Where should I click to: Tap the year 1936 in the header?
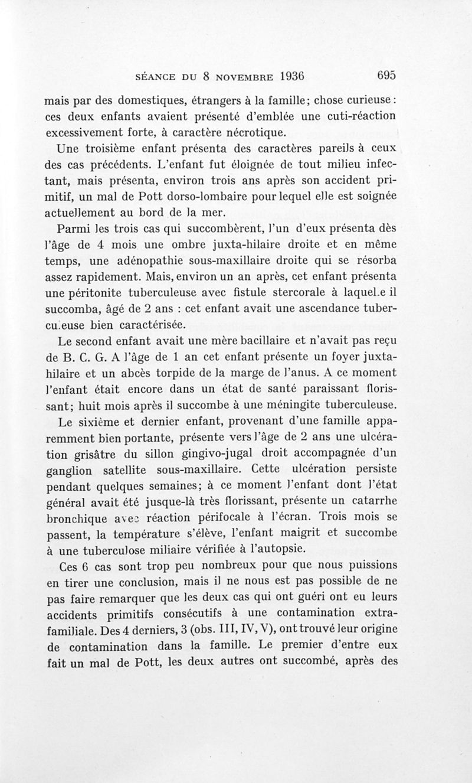(x=283, y=76)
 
